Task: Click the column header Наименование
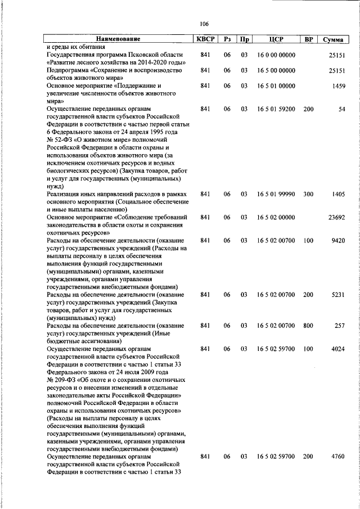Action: point(118,39)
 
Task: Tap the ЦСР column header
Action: point(276,39)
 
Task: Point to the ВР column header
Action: point(308,39)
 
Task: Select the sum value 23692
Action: point(337,217)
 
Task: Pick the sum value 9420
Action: point(339,240)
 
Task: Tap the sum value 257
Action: point(340,326)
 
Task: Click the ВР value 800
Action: point(308,326)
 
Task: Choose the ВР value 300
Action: point(308,193)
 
